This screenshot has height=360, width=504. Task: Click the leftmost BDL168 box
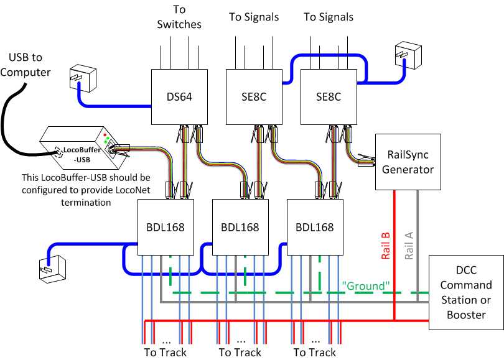pos(166,227)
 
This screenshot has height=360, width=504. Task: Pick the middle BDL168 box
pos(240,227)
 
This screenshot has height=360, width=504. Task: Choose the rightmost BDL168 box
pos(315,227)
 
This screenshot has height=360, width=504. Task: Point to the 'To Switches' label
pos(179,17)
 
